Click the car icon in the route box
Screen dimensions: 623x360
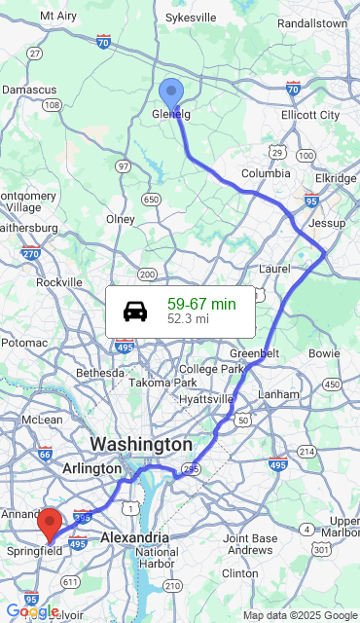click(x=135, y=311)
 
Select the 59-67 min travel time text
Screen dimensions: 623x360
click(x=201, y=304)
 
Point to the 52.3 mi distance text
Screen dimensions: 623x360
click(x=188, y=318)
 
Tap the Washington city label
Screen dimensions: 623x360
click(x=141, y=444)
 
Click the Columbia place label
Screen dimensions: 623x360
click(x=266, y=173)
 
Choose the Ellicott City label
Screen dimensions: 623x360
click(x=310, y=115)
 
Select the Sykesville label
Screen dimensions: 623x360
click(x=191, y=18)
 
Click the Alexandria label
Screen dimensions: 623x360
click(x=135, y=537)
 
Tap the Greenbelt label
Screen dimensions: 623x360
click(x=255, y=352)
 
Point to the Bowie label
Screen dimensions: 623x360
click(x=323, y=352)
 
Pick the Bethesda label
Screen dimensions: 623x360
click(x=100, y=373)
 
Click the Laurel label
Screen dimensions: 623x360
click(x=275, y=268)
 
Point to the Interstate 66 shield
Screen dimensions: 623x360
click(x=45, y=453)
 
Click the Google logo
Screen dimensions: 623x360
click(x=32, y=611)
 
